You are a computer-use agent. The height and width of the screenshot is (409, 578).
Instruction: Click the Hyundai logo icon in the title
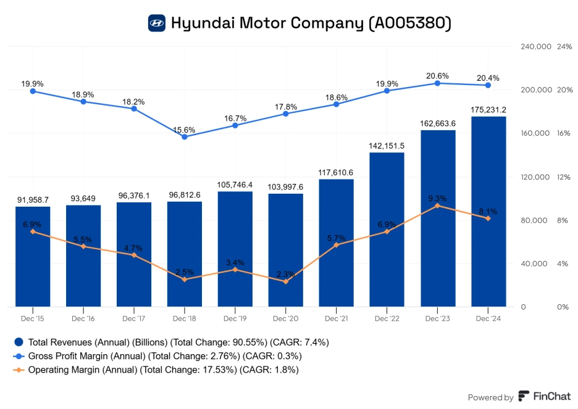(157, 23)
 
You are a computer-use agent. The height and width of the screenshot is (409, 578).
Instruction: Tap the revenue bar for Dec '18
(185, 253)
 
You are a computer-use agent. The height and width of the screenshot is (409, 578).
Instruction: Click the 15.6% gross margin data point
(185, 136)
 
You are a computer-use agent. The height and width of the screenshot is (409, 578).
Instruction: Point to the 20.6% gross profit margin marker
(437, 83)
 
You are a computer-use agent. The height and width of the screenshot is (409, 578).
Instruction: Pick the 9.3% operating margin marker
(437, 205)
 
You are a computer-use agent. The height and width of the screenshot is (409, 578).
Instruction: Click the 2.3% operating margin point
(285, 281)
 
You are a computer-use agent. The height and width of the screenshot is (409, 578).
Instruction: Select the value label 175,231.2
(488, 109)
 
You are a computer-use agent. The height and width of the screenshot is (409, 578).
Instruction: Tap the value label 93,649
(83, 198)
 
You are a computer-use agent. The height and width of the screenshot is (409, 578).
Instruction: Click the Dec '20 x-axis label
(285, 318)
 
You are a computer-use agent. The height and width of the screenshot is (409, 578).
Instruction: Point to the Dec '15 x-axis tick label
(33, 318)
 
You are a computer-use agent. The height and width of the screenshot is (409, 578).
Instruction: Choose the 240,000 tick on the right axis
(535, 47)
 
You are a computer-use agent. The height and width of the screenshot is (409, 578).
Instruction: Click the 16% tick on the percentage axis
(563, 134)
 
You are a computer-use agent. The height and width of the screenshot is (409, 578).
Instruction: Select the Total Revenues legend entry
(171, 342)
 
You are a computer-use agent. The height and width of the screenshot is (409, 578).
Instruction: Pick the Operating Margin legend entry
(156, 370)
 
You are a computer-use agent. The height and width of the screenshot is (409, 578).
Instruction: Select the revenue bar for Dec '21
(336, 242)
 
